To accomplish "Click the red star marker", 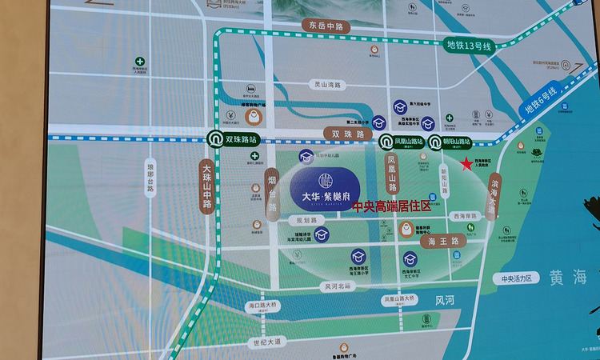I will tap(466, 164).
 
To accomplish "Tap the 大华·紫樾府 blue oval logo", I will tap(325, 189).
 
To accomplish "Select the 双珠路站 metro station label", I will tap(241, 139).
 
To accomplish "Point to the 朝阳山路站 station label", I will tap(457, 142).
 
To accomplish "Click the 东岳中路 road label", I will tap(324, 26).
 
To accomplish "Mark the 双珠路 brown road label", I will tap(347, 134).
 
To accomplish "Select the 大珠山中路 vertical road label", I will tap(206, 186).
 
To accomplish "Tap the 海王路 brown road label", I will tap(442, 240).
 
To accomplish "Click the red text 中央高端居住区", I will tap(391, 206).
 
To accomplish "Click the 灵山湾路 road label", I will tap(327, 84).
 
